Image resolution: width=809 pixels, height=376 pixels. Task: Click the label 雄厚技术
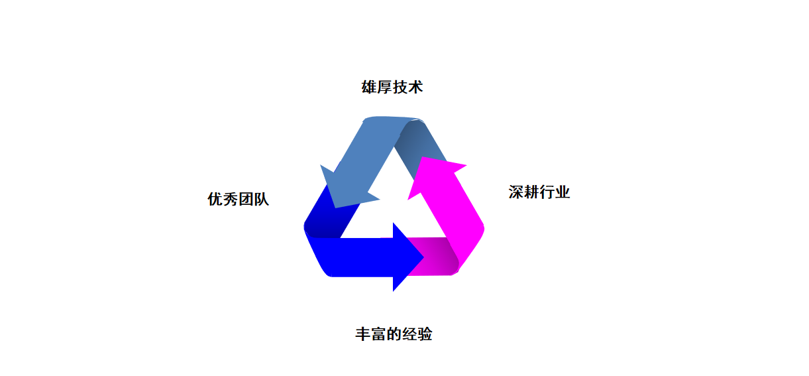pos(392,87)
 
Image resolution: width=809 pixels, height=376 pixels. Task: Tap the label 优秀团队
pos(238,199)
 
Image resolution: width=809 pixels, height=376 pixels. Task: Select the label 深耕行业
pos(539,192)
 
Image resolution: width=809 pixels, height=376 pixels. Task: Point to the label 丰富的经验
pos(394,334)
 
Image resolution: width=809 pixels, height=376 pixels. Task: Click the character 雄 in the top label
pos(369,87)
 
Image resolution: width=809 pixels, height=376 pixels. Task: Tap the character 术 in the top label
pos(415,87)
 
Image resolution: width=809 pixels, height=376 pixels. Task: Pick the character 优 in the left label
pos(215,199)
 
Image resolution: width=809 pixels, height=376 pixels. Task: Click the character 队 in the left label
pos(262,199)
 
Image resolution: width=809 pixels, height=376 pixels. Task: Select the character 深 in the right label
pos(516,192)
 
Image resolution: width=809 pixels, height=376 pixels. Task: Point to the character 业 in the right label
pos(563,192)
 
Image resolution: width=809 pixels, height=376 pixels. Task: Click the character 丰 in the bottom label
pos(362,334)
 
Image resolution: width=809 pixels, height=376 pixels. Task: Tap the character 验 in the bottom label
pos(425,334)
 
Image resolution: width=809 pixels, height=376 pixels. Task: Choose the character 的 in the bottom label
pos(394,334)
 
